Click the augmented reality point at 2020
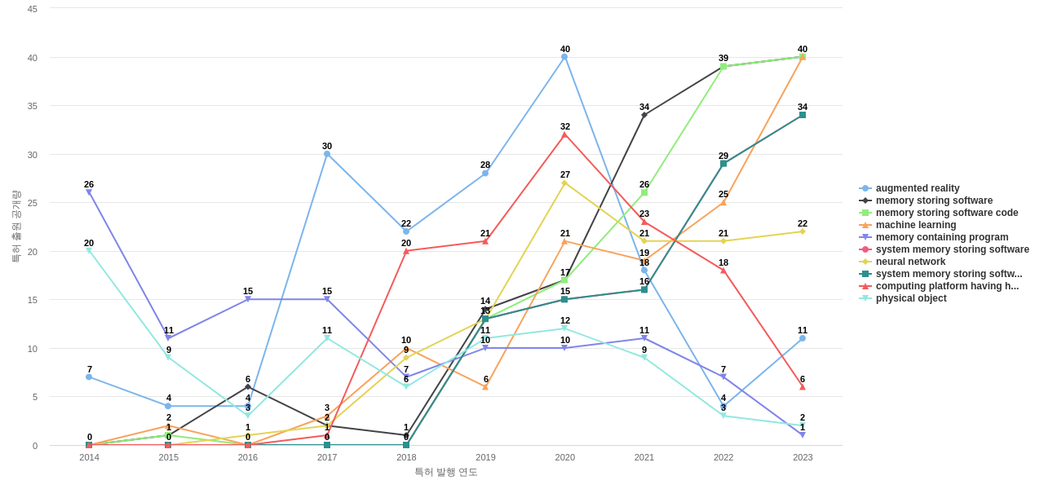click(564, 57)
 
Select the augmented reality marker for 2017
click(327, 154)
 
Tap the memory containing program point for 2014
click(89, 192)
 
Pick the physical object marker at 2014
click(89, 251)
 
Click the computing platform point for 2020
click(564, 134)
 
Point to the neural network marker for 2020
click(564, 183)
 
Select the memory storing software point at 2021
click(644, 115)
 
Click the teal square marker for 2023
click(803, 115)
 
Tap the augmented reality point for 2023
click(803, 338)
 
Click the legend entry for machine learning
click(915, 225)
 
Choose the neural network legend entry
click(910, 262)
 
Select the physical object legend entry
click(910, 298)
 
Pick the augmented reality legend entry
click(917, 188)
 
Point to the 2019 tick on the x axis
click(485, 457)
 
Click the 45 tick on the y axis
click(33, 9)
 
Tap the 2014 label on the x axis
click(89, 457)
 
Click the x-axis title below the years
click(445, 472)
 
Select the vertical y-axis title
click(15, 227)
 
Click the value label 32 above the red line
click(565, 126)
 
